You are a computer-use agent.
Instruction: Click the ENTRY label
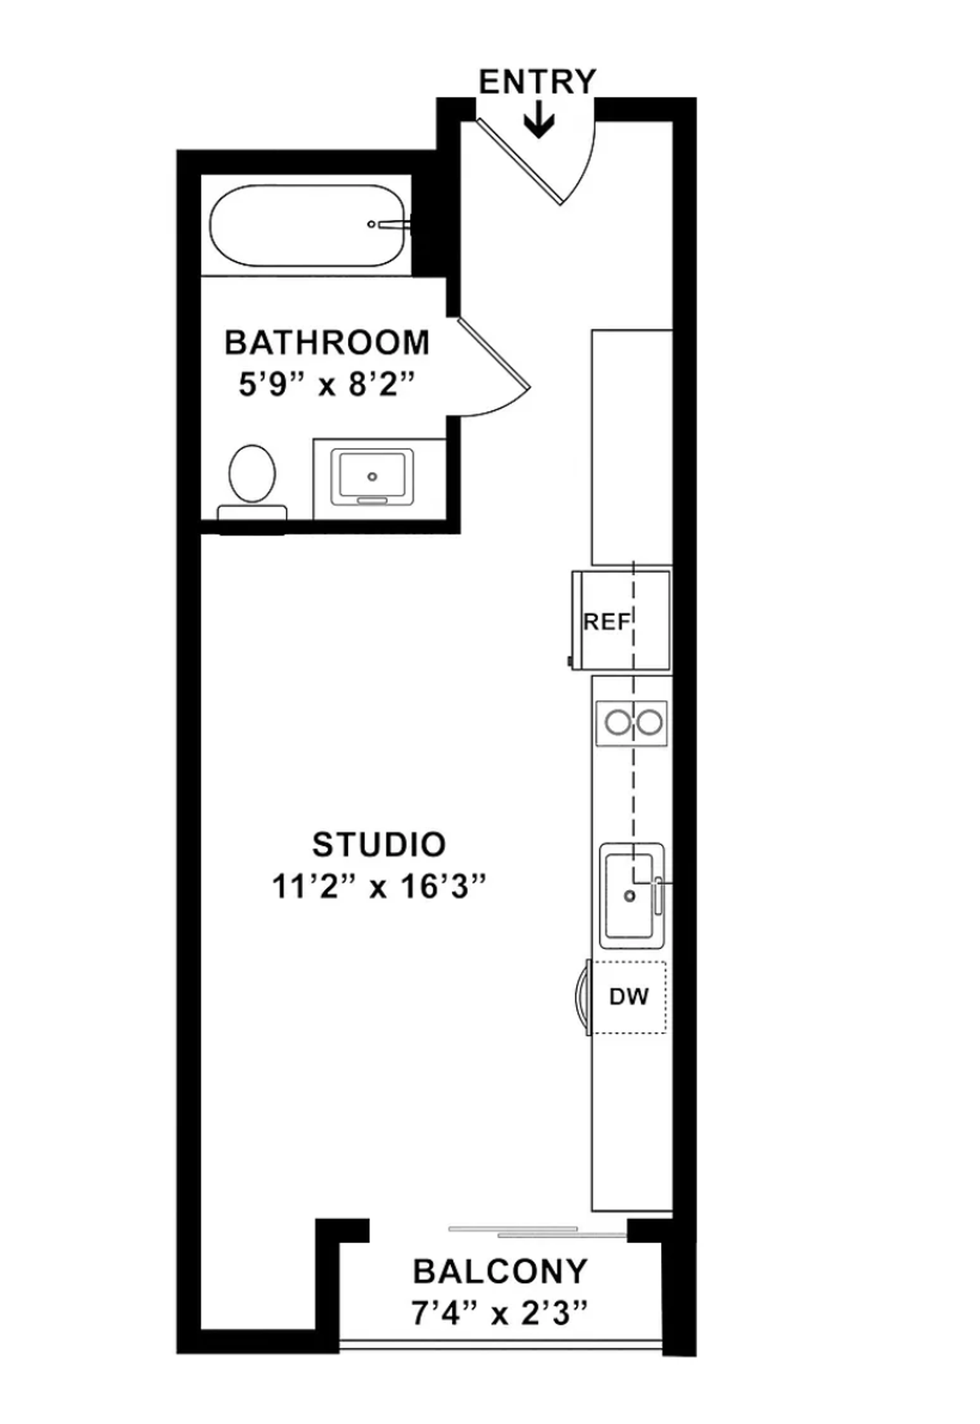click(537, 82)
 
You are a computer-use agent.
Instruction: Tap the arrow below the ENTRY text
click(539, 122)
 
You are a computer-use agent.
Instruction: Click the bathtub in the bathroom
click(309, 225)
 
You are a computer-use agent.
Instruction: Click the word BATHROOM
click(327, 343)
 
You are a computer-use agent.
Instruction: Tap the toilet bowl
click(252, 473)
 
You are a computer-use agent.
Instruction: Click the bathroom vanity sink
click(372, 476)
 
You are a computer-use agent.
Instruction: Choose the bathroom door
click(493, 355)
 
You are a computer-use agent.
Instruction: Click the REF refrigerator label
click(606, 622)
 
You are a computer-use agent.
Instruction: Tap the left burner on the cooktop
click(617, 722)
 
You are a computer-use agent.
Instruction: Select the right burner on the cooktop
click(650, 722)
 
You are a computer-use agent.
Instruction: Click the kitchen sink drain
click(630, 896)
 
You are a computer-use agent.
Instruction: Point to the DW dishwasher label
click(628, 997)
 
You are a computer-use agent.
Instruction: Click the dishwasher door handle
click(580, 997)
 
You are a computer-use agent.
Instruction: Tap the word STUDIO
click(379, 844)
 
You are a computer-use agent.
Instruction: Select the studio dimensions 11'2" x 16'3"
click(379, 886)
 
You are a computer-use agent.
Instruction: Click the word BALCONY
click(500, 1272)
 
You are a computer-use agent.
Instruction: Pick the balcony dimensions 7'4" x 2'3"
click(500, 1314)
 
